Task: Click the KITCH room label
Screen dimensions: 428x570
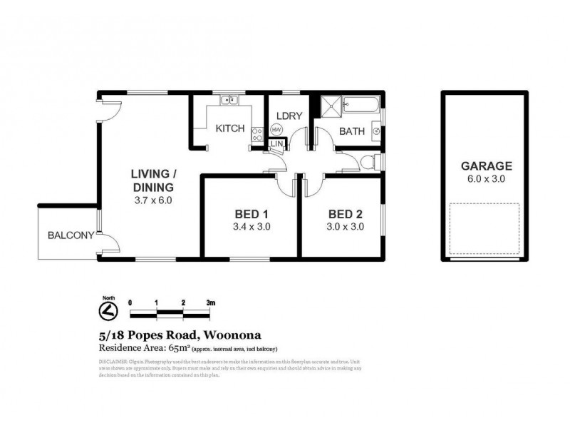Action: coord(229,128)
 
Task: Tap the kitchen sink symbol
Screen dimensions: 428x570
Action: coord(228,101)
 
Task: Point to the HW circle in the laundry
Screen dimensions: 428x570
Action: coord(276,130)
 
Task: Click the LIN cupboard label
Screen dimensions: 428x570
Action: coord(278,146)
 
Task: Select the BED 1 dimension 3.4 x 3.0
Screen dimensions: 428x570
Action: coord(252,227)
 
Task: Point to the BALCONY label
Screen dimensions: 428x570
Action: coord(71,235)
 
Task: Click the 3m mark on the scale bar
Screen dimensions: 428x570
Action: coord(211,302)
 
